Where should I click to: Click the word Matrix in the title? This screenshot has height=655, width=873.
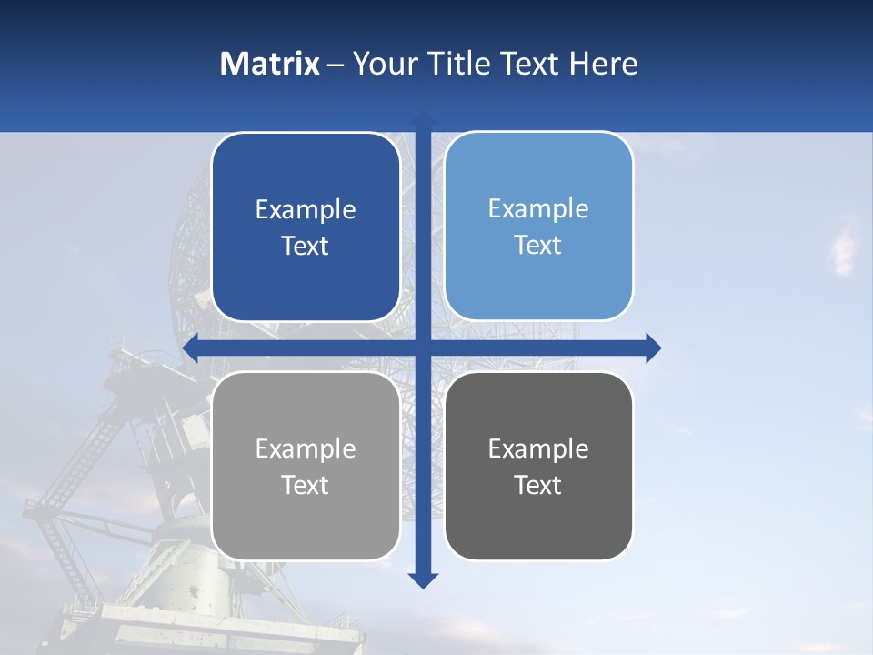click(270, 64)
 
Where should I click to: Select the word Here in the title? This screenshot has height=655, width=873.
click(604, 64)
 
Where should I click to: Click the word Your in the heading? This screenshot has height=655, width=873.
click(384, 64)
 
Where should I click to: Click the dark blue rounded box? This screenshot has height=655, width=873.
click(306, 227)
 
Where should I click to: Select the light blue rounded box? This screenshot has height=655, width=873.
click(538, 226)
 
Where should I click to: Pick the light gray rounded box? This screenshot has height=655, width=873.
click(306, 466)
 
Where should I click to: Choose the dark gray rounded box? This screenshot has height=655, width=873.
click(538, 466)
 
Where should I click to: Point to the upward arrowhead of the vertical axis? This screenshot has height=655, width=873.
click(423, 118)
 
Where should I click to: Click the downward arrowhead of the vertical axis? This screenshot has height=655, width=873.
click(423, 579)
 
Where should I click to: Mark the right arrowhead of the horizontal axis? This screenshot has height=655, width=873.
click(653, 348)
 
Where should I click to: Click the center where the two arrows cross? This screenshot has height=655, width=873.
click(423, 348)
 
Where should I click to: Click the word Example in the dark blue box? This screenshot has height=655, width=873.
click(306, 210)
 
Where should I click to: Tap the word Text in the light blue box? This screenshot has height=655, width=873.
click(538, 246)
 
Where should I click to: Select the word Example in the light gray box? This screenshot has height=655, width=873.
click(306, 448)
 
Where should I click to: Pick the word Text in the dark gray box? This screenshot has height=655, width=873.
click(538, 485)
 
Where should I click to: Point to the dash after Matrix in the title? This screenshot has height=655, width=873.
click(336, 65)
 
